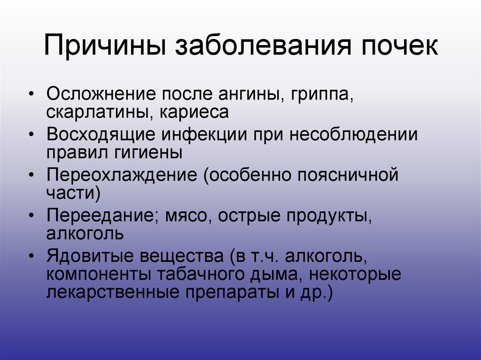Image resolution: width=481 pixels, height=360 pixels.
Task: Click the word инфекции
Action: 205,135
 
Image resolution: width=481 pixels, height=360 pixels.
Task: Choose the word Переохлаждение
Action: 122,175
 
